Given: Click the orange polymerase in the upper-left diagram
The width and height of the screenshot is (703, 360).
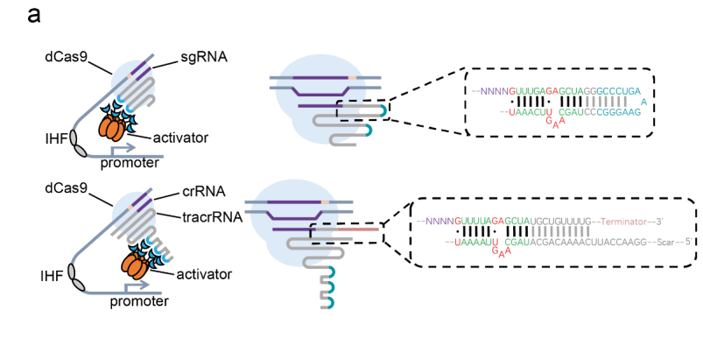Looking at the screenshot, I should coord(111,128).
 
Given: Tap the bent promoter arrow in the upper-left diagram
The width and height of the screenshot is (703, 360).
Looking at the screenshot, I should coord(123,148).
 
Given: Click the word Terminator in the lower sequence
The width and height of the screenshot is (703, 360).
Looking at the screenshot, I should coord(623,222).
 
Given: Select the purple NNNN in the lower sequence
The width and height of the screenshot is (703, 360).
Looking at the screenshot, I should coord(439,222).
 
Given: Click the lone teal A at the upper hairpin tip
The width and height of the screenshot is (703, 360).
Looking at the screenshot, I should coord(644,102).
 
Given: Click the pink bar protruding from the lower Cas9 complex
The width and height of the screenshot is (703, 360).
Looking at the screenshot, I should coord(357,229).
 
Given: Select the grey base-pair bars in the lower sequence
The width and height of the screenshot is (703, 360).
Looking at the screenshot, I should coord(561,231).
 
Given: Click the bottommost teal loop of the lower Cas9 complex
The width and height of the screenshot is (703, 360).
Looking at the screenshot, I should coord(329,301).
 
